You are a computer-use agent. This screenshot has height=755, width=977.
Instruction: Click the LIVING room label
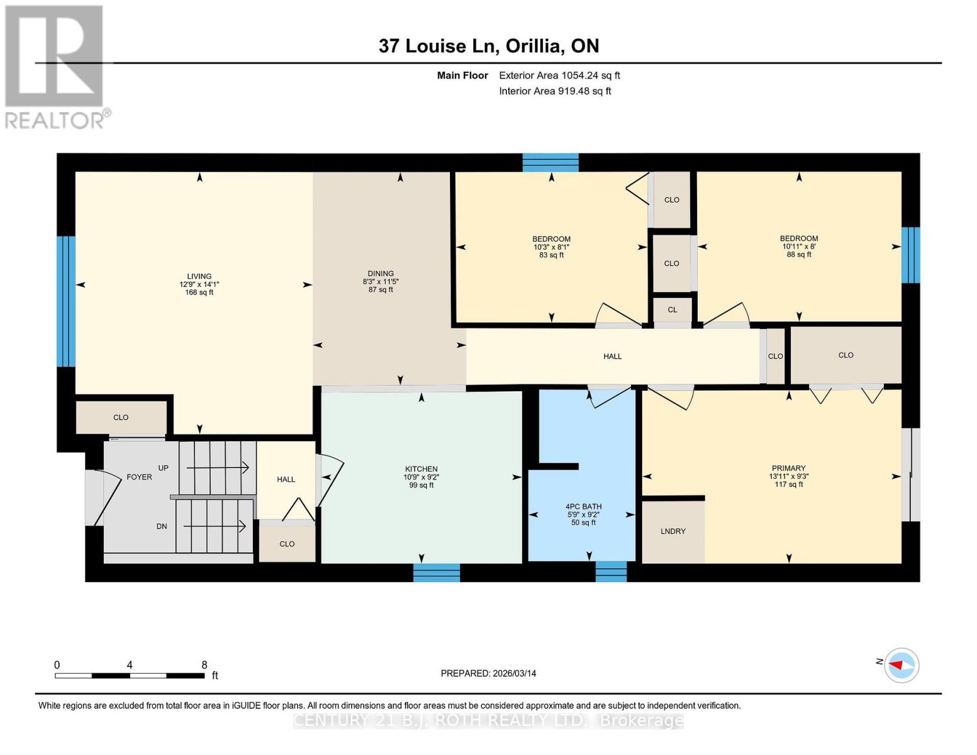[x=199, y=276]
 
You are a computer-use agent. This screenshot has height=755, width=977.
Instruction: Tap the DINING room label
[x=381, y=274]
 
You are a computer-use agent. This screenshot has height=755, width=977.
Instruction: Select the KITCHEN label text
[x=421, y=469]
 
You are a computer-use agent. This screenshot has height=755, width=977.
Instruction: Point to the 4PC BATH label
[x=583, y=506]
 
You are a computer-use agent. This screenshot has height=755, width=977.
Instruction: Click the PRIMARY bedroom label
[x=788, y=468]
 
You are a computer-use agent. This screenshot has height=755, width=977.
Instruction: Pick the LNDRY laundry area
[x=673, y=532]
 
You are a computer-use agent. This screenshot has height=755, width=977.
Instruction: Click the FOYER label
[x=139, y=477]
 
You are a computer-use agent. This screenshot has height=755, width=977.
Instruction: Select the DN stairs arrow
[x=214, y=525]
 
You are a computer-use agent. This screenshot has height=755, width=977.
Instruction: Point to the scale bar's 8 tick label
[x=204, y=664]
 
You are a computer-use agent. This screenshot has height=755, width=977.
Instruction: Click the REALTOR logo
[x=55, y=66]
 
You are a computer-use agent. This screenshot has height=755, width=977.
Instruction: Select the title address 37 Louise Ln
[x=488, y=46]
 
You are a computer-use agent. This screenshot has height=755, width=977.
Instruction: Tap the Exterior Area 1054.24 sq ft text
[x=559, y=75]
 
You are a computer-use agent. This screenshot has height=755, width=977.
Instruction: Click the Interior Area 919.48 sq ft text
[x=555, y=91]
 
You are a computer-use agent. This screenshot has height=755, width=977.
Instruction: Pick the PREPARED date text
[x=488, y=673]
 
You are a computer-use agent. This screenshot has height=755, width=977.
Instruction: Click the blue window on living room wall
[x=66, y=301]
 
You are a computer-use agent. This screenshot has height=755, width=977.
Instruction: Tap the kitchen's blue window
[x=436, y=573]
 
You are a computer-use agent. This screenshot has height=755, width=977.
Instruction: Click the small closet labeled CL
[x=672, y=310]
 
